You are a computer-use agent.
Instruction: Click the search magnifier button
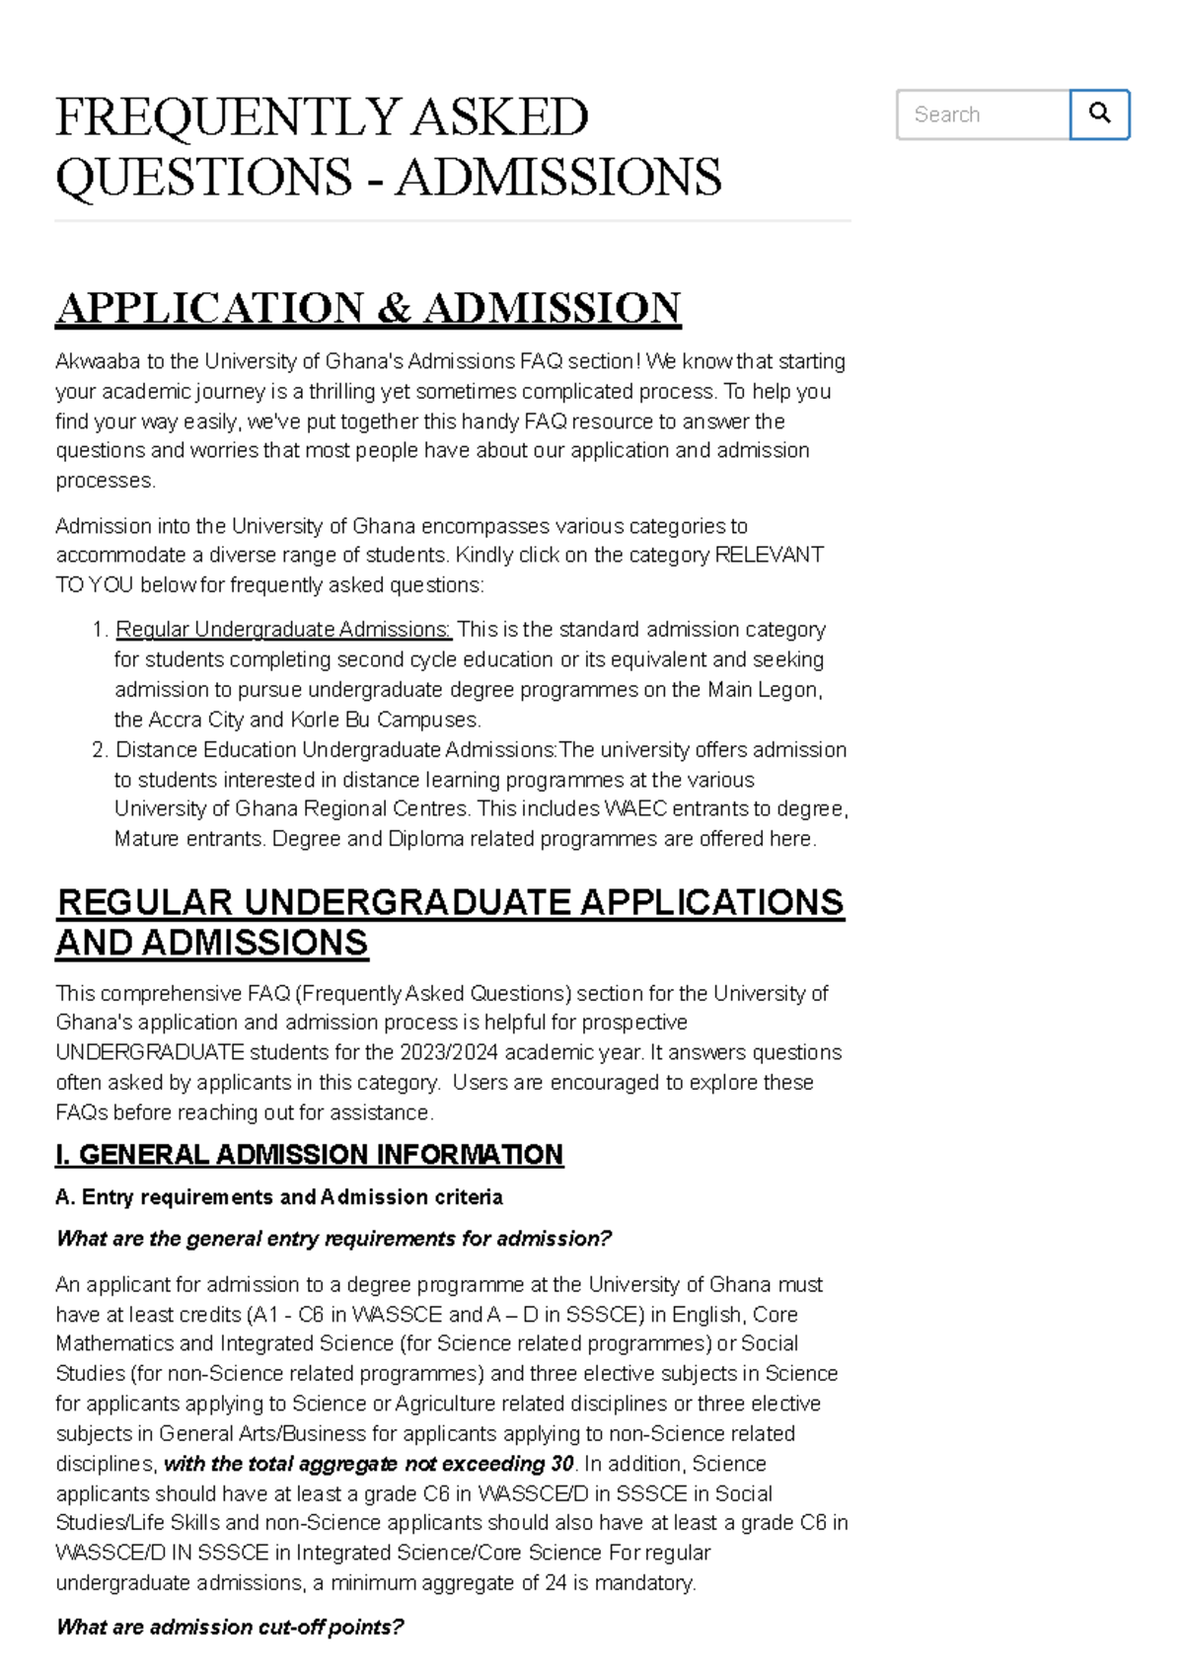(x=1099, y=114)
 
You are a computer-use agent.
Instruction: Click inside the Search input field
(x=982, y=114)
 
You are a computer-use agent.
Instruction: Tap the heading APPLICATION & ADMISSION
(x=368, y=308)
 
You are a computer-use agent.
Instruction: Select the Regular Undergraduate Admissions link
(x=283, y=630)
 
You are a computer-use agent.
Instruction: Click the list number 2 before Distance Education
(x=99, y=750)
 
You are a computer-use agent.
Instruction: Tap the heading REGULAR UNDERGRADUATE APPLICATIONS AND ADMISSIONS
(x=449, y=922)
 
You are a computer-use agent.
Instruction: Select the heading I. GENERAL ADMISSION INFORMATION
(x=309, y=1155)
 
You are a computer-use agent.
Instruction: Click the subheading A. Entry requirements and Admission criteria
(x=279, y=1197)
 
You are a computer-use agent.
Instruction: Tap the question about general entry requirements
(x=333, y=1239)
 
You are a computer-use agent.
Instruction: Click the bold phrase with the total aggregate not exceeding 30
(x=368, y=1464)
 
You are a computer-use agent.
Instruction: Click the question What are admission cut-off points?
(x=230, y=1627)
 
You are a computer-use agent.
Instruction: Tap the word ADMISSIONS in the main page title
(x=558, y=178)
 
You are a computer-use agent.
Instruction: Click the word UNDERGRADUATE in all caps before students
(x=150, y=1052)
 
